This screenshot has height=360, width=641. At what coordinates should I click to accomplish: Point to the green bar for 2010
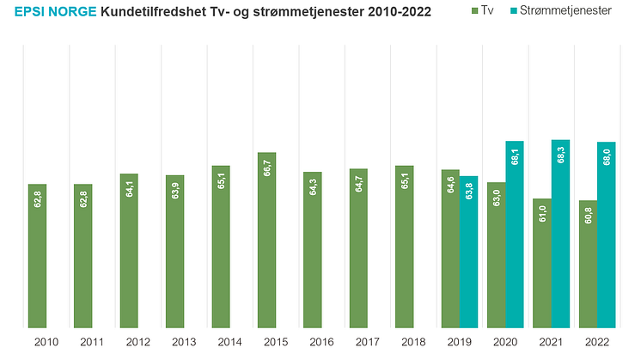38,258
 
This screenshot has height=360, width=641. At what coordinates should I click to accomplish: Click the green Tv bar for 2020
497,258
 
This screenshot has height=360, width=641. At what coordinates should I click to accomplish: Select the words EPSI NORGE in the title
54,12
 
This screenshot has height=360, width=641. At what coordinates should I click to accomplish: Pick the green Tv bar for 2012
130,253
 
